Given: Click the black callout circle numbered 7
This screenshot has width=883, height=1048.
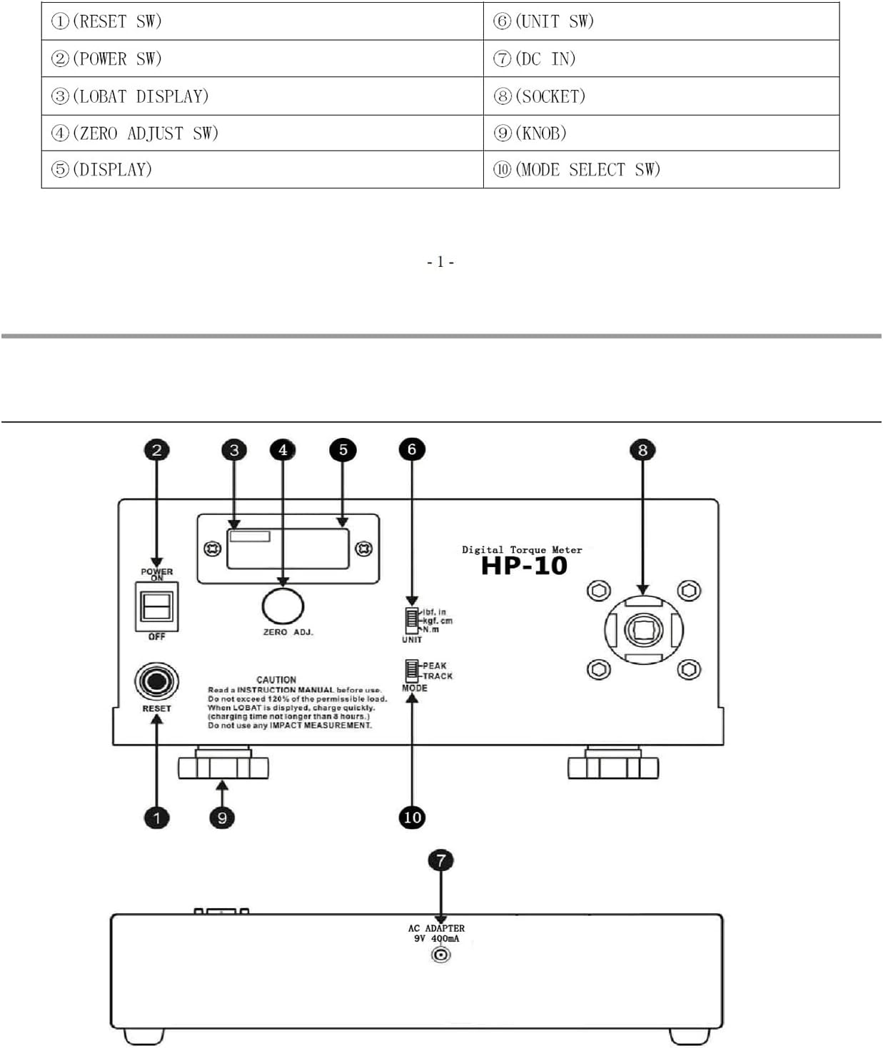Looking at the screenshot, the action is point(440,860).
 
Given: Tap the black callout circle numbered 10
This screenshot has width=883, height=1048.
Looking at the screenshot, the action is point(412,818).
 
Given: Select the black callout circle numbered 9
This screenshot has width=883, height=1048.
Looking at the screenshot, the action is point(222,818).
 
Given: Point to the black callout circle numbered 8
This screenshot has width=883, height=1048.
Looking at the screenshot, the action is point(642,449).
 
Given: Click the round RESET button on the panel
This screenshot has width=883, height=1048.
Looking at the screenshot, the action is point(157,681).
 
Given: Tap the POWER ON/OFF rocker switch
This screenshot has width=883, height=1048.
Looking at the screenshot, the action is point(157,606).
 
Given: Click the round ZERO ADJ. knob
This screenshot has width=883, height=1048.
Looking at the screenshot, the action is point(283,606).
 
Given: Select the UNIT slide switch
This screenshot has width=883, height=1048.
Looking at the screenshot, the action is point(412,621).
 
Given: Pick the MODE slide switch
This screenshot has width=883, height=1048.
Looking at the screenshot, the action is point(411,671).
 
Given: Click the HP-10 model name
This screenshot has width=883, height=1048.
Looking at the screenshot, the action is point(524,566).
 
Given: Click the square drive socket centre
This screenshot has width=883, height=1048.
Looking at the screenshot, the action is point(643,629).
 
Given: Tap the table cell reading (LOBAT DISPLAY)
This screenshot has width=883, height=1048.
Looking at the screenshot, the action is point(262,96).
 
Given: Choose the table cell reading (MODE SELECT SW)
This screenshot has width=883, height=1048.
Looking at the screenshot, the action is point(661,169).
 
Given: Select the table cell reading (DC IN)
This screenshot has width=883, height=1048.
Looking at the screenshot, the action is point(661,58).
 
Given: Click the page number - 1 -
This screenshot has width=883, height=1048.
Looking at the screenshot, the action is point(440,262).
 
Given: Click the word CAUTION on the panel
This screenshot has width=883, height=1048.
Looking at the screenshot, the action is point(276,680).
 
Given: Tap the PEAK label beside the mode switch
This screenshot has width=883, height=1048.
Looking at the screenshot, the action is point(435,666).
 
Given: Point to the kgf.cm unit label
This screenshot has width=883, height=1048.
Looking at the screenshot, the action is point(438,621).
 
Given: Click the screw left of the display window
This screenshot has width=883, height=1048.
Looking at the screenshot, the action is point(213,549).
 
